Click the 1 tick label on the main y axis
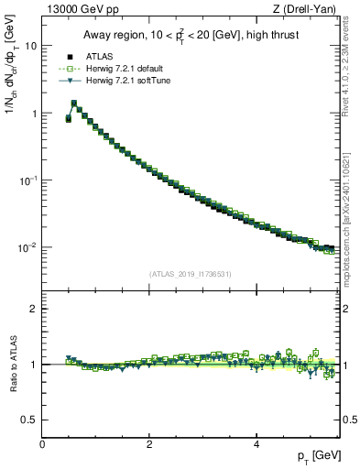[x=35, y=113]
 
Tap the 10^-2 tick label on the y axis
[x=29, y=247]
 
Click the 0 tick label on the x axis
[x=42, y=443]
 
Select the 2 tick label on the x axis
[x=149, y=443]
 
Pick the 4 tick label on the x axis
[x=256, y=443]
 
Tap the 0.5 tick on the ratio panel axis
[x=30, y=420]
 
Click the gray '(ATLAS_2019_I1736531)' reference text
[x=191, y=274]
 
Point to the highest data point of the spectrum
[x=73, y=104]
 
